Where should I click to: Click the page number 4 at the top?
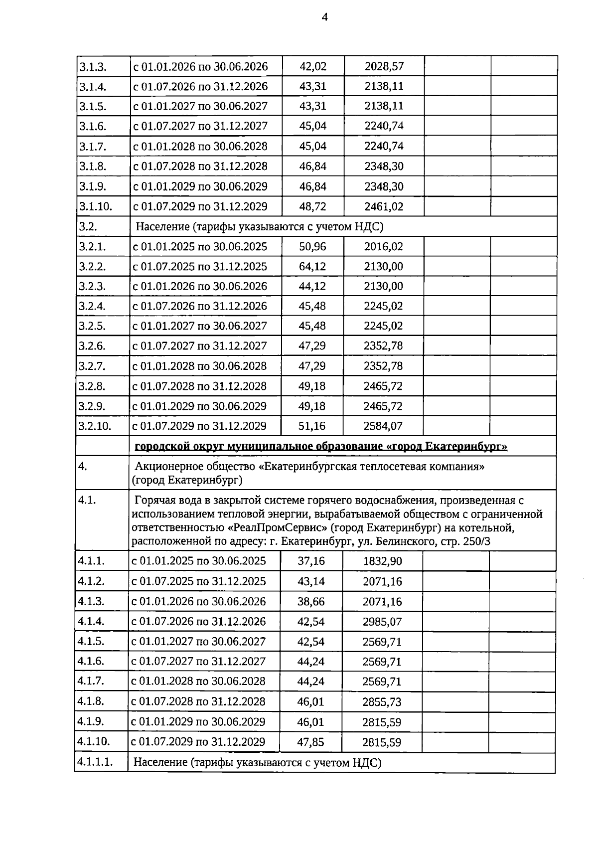tap(324, 17)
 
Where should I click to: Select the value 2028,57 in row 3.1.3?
tap(384, 66)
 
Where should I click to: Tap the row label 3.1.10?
tap(96, 206)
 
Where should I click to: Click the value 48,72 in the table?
tap(313, 206)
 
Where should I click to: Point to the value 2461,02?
tap(384, 206)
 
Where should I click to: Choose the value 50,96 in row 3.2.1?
tap(312, 246)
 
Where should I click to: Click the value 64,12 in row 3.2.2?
tap(312, 266)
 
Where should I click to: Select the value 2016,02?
tap(383, 246)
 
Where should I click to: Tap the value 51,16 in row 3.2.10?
tap(312, 426)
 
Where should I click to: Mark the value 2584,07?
tap(383, 426)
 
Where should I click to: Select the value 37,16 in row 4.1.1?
tap(311, 561)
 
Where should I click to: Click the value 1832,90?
tap(382, 561)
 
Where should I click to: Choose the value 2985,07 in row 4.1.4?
tap(382, 622)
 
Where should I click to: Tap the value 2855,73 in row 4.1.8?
tap(382, 702)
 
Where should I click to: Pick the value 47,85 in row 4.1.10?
tap(310, 742)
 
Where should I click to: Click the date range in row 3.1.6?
tap(200, 126)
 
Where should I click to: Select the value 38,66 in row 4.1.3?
tap(311, 601)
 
